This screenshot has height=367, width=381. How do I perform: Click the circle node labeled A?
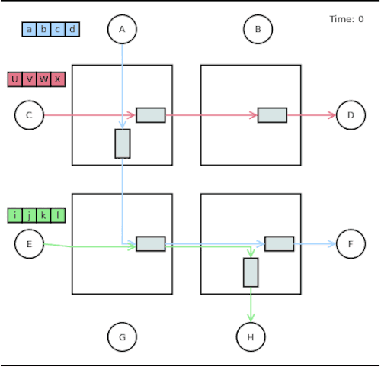pyautogui.click(x=122, y=30)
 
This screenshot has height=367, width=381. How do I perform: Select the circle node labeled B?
pyautogui.click(x=258, y=30)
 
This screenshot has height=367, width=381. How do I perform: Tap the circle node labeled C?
pyautogui.click(x=29, y=115)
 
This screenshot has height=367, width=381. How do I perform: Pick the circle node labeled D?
pyautogui.click(x=351, y=115)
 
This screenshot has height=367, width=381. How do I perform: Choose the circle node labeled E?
pyautogui.click(x=29, y=244)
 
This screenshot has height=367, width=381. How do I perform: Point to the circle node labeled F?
pyautogui.click(x=351, y=244)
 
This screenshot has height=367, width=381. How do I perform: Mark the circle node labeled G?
pyautogui.click(x=122, y=336)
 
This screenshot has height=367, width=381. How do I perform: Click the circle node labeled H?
pyautogui.click(x=251, y=336)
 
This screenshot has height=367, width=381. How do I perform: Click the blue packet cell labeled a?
pyautogui.click(x=29, y=30)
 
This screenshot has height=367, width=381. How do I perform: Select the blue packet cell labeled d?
pyautogui.click(x=72, y=30)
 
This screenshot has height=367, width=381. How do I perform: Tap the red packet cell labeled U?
pyautogui.click(x=15, y=79)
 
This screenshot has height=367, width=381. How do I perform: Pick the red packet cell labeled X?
pyautogui.click(x=59, y=79)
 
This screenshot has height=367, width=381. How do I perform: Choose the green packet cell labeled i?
pyautogui.click(x=15, y=215)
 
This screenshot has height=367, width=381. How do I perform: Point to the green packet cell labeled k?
pyautogui.click(x=44, y=215)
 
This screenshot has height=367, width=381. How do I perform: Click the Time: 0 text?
pyautogui.click(x=346, y=19)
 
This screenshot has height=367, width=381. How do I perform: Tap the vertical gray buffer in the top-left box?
pyautogui.click(x=123, y=143)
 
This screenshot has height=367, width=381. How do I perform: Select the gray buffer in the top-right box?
pyautogui.click(x=272, y=115)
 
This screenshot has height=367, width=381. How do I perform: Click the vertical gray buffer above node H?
pyautogui.click(x=251, y=272)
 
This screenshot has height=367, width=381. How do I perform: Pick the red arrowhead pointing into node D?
pyautogui.click(x=331, y=115)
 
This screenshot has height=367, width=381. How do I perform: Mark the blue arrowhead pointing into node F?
pyautogui.click(x=331, y=244)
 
